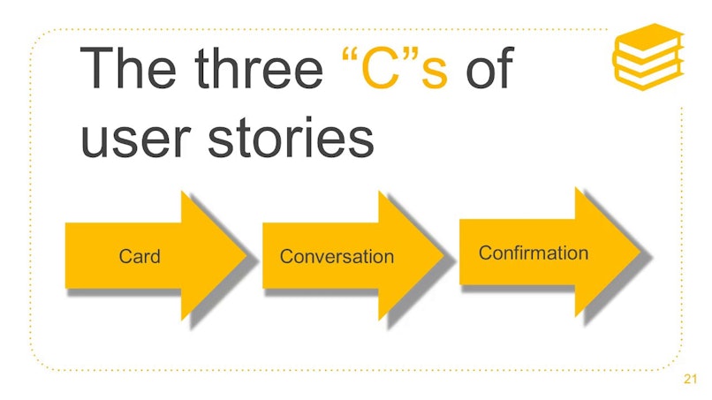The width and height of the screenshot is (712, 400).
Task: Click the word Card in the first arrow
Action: (x=140, y=257)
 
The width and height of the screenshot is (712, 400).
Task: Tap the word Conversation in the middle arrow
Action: (x=337, y=257)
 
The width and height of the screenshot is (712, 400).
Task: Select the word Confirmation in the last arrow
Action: (x=534, y=253)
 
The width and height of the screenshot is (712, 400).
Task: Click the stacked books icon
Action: (x=648, y=57)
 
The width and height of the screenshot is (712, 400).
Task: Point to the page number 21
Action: (x=690, y=379)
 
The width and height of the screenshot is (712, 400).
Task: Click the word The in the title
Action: (x=128, y=68)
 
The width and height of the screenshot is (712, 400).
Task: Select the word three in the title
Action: (x=258, y=68)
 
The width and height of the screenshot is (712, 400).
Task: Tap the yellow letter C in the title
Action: (x=380, y=68)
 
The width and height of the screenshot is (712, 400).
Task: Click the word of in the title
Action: (x=489, y=68)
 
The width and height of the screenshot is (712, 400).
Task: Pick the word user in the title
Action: (x=135, y=140)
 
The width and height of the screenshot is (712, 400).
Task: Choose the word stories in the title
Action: (x=291, y=136)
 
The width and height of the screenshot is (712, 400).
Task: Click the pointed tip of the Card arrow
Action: (x=246, y=255)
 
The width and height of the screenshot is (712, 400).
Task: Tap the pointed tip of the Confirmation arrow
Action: (x=640, y=252)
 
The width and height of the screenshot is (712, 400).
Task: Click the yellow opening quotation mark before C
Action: (x=349, y=55)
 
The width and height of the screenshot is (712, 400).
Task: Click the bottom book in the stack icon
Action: (x=648, y=76)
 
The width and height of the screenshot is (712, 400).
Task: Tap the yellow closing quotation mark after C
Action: (x=411, y=55)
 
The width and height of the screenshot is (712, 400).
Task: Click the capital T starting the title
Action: (x=96, y=68)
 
